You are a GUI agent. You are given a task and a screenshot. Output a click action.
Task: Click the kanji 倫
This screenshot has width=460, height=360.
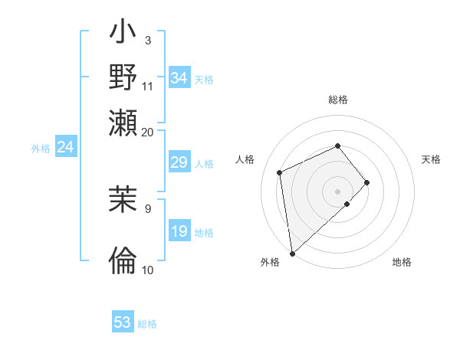[x=123, y=260]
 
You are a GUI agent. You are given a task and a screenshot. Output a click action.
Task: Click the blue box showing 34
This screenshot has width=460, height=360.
[x=179, y=78]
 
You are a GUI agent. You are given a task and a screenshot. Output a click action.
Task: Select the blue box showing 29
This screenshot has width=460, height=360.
[x=179, y=162]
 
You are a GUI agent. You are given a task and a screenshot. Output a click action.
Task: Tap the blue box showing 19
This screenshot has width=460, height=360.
[x=179, y=232]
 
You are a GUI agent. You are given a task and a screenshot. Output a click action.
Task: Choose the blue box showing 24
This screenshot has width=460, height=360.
[x=65, y=148]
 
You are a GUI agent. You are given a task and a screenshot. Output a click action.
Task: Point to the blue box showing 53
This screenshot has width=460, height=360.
[x=123, y=322]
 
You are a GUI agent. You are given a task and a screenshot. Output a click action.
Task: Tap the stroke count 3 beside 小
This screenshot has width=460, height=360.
[x=147, y=40]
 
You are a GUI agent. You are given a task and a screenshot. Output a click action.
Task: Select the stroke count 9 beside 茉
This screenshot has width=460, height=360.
[x=147, y=207]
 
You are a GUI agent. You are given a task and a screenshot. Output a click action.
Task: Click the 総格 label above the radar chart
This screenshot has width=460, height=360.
[x=338, y=100]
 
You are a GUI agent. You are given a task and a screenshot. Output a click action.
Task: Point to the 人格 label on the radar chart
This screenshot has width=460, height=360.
[x=245, y=159]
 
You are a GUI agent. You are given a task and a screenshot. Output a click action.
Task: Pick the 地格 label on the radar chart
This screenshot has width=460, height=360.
[x=402, y=262]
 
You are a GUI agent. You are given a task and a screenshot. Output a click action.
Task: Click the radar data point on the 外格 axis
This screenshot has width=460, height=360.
[x=292, y=254]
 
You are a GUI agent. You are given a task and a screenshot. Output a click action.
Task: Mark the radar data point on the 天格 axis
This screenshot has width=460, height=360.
[x=367, y=182]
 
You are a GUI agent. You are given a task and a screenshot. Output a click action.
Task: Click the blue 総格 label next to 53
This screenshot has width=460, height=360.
[x=147, y=323]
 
